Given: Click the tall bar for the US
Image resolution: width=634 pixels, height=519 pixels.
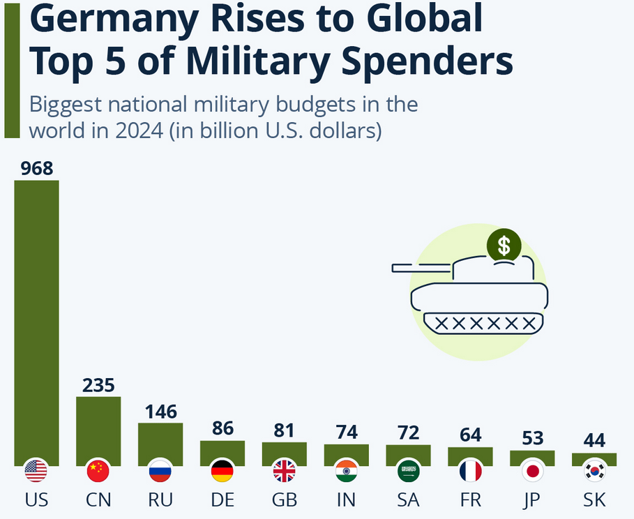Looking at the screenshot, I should pos(36,321).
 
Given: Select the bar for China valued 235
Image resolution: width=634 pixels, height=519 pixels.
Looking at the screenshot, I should pos(98,429).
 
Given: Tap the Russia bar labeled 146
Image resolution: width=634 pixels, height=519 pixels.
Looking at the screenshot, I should pos(160,442).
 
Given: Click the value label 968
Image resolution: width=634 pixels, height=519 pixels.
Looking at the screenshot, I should pos(36,169).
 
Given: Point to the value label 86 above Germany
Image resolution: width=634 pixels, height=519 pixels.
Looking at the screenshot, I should pos(222,428).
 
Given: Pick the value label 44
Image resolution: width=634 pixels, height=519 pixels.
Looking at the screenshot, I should pos(594,441).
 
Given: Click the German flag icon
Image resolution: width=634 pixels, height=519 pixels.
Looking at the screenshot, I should pos(222,472).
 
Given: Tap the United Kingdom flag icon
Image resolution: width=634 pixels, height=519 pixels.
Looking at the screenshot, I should pos(284,472).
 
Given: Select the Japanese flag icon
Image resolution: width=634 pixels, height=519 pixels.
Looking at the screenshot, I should pos(532,472).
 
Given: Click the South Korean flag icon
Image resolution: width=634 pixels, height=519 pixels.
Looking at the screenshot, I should pos(594,472).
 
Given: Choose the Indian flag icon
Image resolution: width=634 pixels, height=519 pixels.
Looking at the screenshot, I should pos(346,472).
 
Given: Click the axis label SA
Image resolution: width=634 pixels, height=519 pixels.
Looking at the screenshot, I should pos(408,500).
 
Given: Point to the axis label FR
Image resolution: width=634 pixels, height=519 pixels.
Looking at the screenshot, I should pos(470,500).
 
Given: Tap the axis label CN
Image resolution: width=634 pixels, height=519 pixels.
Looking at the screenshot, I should pos(98,500).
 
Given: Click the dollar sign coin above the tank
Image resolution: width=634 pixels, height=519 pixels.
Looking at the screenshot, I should pos(504,245).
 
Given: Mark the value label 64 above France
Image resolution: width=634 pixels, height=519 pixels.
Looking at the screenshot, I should pos(470,435).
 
